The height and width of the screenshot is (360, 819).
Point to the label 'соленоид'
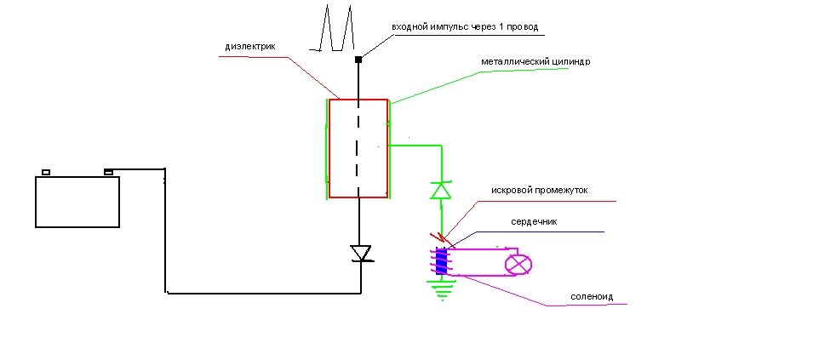click(x=593, y=297)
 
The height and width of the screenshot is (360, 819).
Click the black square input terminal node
click(x=358, y=59)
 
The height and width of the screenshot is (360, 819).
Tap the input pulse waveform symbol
click(x=337, y=29)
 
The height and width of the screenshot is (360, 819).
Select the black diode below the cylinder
click(x=362, y=254)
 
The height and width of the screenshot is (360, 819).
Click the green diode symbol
click(x=440, y=190)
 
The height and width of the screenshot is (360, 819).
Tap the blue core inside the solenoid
click(x=441, y=261)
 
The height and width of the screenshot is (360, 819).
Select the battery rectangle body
click(x=77, y=202)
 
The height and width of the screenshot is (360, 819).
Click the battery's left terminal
click(x=46, y=173)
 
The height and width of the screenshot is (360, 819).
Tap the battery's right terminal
click(x=108, y=172)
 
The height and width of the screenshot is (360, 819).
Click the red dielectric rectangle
click(x=358, y=148)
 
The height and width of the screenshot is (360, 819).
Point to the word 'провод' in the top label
click(x=520, y=27)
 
